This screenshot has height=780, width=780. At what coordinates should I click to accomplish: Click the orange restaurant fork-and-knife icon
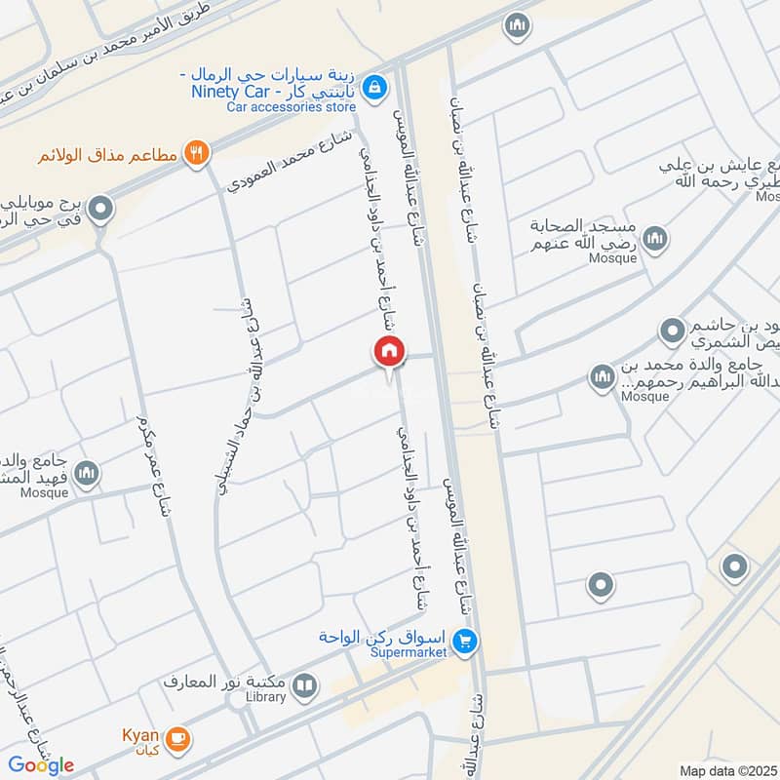click(x=197, y=151)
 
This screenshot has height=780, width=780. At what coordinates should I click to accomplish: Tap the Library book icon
click(x=305, y=686)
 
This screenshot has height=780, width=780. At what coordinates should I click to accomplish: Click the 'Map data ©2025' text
click(x=727, y=770)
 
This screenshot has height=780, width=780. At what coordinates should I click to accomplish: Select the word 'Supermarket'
click(x=408, y=651)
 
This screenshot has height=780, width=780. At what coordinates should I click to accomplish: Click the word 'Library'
click(x=265, y=697)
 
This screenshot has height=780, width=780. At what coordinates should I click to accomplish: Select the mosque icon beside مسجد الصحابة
click(x=655, y=238)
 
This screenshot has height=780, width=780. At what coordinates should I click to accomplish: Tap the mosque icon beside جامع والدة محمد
click(x=602, y=375)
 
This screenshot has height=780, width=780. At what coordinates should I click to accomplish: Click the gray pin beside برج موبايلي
click(x=99, y=209)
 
